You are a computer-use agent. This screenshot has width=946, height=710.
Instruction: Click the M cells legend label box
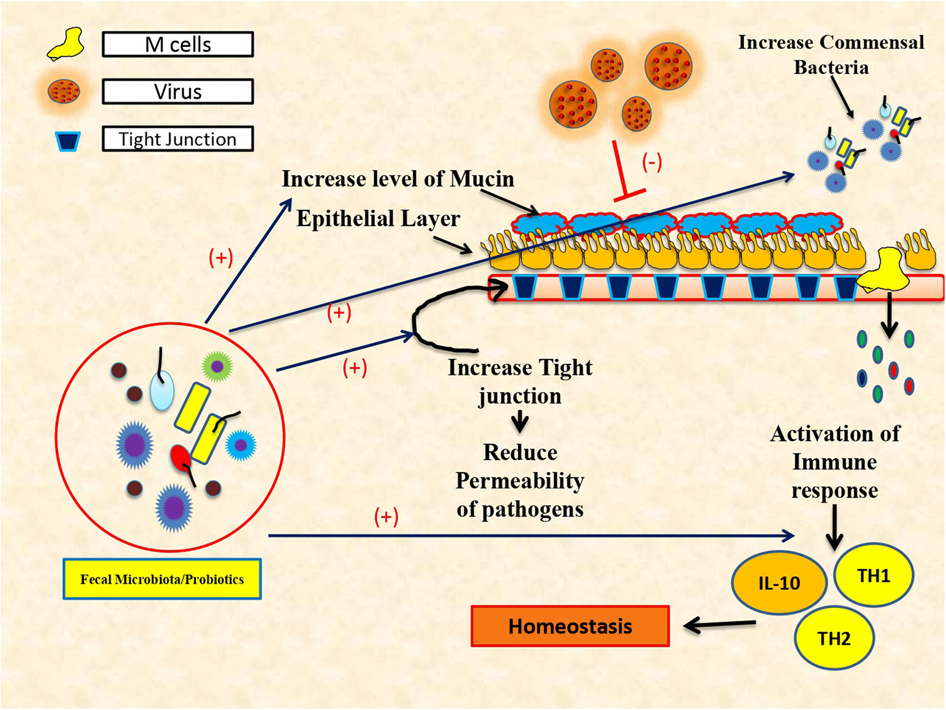(x=177, y=45)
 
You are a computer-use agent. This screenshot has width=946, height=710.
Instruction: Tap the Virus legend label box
(x=177, y=92)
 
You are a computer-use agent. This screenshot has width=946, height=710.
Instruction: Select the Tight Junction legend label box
(x=177, y=139)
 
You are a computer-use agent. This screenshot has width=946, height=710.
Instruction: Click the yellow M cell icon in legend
(x=66, y=45)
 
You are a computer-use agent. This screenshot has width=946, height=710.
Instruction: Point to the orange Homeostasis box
(x=570, y=626)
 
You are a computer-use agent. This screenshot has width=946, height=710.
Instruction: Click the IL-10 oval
(x=779, y=583)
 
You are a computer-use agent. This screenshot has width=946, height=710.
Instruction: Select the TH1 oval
(x=873, y=576)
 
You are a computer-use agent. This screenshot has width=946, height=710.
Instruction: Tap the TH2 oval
(x=834, y=638)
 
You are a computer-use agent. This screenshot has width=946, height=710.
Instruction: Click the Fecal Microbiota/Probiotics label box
(x=162, y=579)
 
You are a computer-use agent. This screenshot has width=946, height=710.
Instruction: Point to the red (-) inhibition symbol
(x=652, y=163)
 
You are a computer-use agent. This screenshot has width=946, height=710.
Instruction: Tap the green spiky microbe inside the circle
(x=217, y=366)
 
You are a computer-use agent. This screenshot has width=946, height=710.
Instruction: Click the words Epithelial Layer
(x=377, y=219)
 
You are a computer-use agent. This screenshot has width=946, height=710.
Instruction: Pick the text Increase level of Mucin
(x=398, y=179)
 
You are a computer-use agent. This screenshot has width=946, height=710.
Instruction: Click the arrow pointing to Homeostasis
(x=720, y=625)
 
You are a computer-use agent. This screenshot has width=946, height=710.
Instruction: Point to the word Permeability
(x=519, y=481)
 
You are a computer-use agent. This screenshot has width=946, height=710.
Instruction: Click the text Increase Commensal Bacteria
(x=830, y=54)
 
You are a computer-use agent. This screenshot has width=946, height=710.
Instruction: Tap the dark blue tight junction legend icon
(x=67, y=141)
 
